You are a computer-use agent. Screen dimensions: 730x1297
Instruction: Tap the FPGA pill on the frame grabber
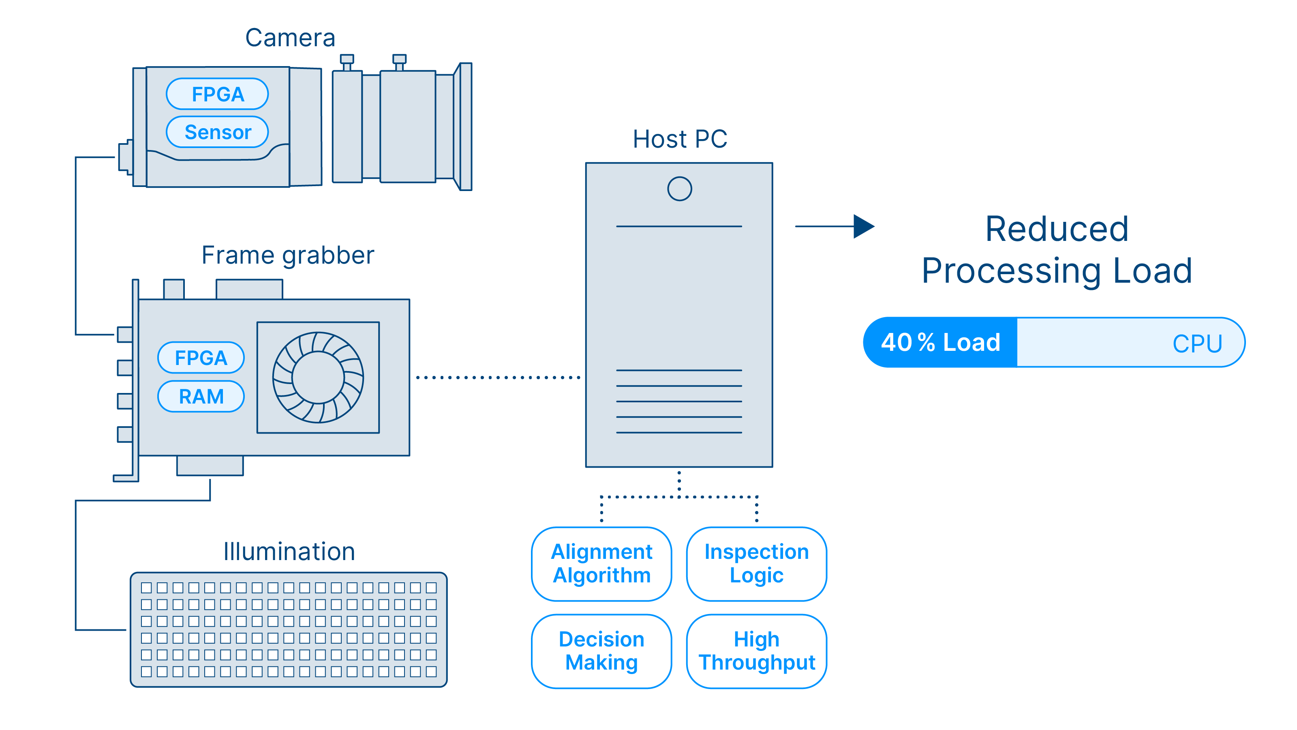201,358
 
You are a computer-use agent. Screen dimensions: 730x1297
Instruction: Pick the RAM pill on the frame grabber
201,397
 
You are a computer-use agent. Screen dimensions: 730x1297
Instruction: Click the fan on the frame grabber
318,377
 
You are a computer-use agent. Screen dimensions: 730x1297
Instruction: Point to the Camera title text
290,38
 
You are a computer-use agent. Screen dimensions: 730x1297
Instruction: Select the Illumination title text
289,551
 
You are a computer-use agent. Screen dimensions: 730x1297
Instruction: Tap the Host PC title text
680,139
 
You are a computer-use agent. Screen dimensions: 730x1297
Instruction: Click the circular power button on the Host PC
679,189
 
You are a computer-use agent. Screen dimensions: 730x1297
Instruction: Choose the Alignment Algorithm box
601,564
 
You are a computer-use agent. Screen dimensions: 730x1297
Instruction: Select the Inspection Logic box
756,564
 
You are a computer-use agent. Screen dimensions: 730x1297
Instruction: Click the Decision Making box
601,651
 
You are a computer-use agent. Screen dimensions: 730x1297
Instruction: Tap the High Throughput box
756,651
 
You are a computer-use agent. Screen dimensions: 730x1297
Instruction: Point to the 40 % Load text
940,343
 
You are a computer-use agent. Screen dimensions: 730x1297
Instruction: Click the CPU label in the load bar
1197,344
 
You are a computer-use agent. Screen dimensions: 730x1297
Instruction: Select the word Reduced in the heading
1056,229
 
